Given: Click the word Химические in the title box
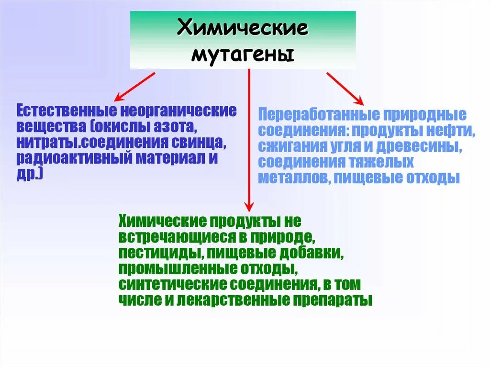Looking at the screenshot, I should [x=243, y=28].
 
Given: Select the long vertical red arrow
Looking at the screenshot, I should [x=249, y=139].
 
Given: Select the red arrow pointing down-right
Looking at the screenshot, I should [x=345, y=88].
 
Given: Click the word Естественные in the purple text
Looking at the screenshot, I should [x=67, y=111].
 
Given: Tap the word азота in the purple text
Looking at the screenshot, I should [x=177, y=127].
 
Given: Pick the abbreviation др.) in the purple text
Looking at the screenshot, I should [x=30, y=175].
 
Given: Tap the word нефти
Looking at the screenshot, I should [x=453, y=131].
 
